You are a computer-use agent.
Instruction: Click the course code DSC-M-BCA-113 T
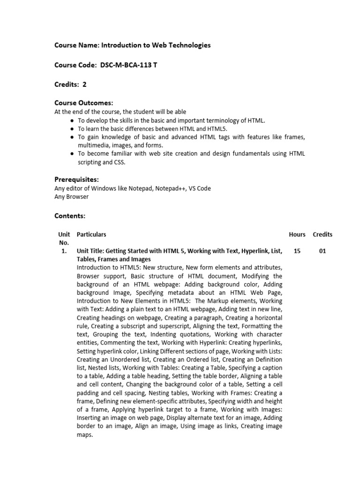128,65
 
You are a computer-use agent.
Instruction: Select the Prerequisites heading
76,179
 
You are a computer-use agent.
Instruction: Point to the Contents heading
70,216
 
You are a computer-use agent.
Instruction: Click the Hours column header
297,234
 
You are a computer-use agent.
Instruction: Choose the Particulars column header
91,234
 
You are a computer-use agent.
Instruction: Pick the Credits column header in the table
322,234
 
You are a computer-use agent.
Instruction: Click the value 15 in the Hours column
297,251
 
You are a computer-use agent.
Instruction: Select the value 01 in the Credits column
322,251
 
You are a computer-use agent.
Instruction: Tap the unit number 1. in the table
64,251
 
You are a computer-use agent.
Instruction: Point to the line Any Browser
72,197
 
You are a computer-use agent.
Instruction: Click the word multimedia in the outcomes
94,145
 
